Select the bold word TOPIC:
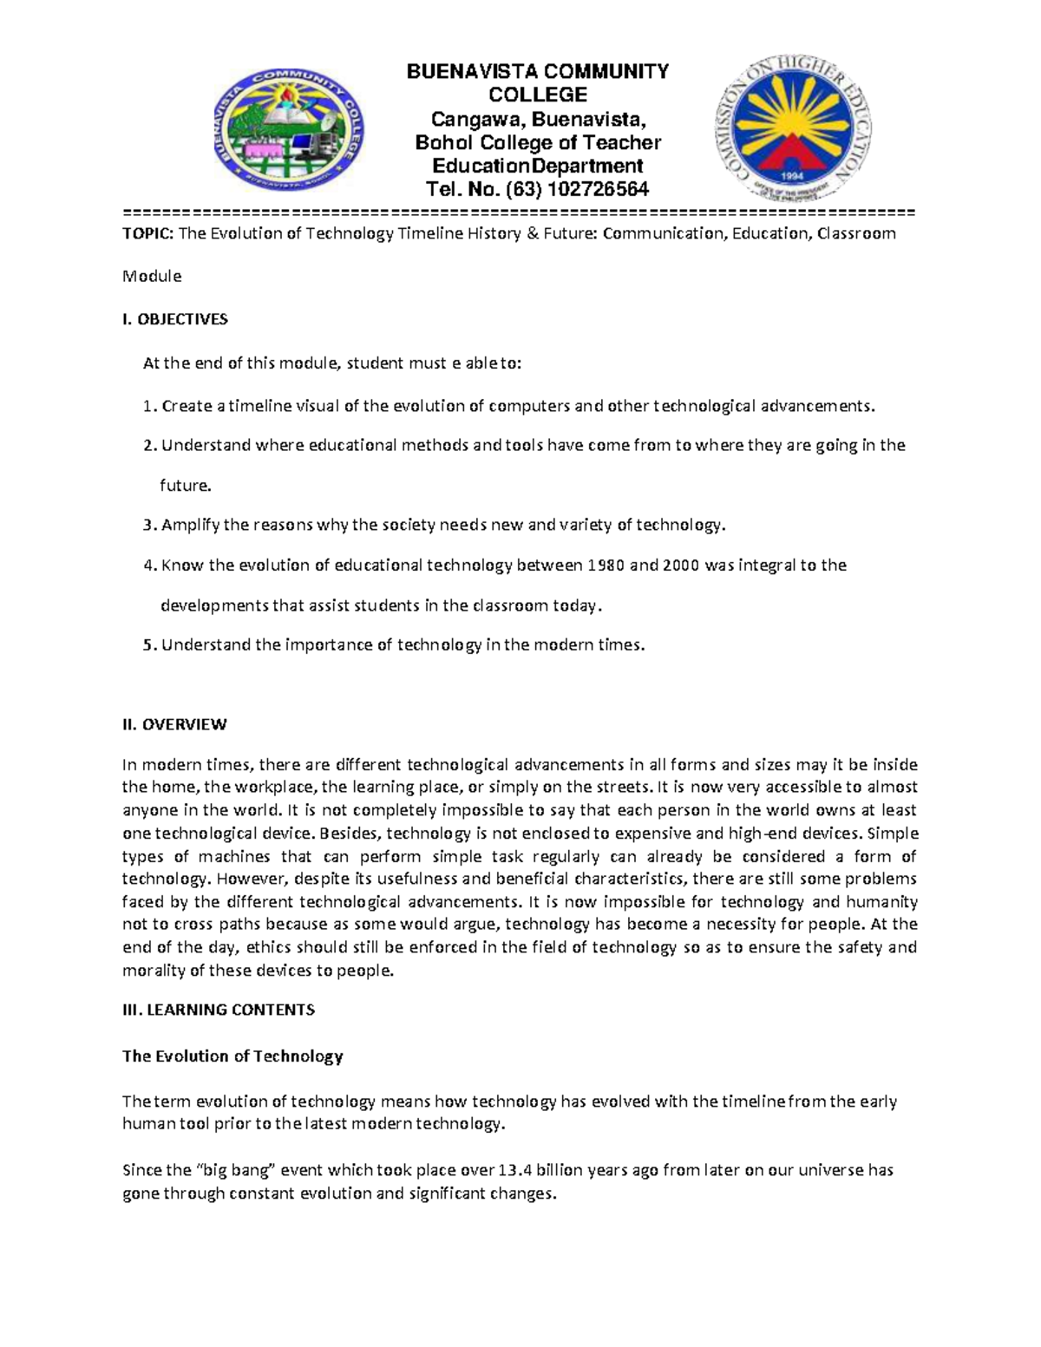[148, 233]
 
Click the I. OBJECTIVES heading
[175, 319]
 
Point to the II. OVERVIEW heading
[174, 724]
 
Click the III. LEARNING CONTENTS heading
[219, 1010]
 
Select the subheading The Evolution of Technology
[232, 1056]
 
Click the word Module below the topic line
[152, 277]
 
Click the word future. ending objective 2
[186, 486]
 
